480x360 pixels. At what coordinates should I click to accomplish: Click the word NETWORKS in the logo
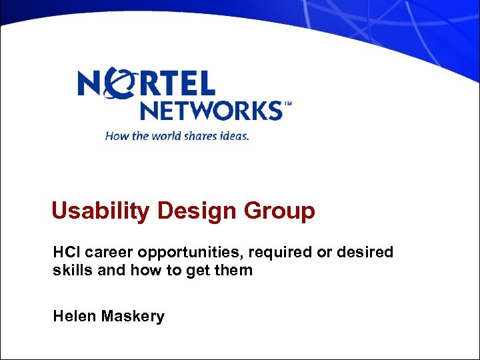click(211, 110)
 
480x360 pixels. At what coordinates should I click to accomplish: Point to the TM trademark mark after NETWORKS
click(288, 105)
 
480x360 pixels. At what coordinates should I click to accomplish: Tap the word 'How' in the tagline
click(116, 136)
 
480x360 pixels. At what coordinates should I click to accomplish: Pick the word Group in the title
click(280, 211)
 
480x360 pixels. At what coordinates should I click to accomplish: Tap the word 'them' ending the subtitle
click(234, 271)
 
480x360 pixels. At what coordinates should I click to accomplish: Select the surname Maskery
click(133, 316)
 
